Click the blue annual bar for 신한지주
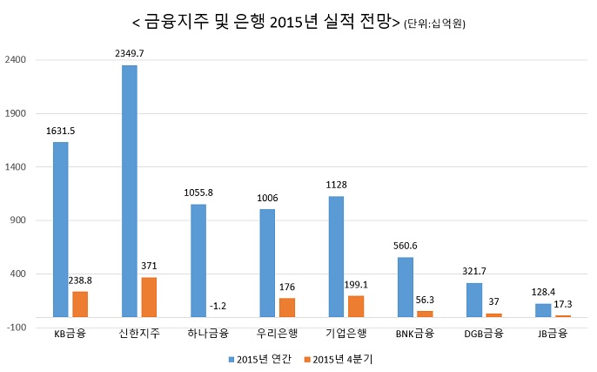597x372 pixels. pyautogui.click(x=129, y=191)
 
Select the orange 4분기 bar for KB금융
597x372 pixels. pyautogui.click(x=80, y=304)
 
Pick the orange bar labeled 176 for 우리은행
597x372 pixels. pyautogui.click(x=286, y=308)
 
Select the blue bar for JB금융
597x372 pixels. pyautogui.click(x=543, y=310)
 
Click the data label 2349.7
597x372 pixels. pyautogui.click(x=129, y=53)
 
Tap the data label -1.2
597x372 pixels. pyautogui.click(x=218, y=306)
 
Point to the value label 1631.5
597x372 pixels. pyautogui.click(x=60, y=131)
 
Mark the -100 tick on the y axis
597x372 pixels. pyautogui.click(x=19, y=328)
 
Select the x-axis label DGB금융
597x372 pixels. pyautogui.click(x=482, y=334)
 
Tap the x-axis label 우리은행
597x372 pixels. pyautogui.click(x=276, y=334)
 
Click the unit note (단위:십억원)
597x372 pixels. pyautogui.click(x=434, y=24)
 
